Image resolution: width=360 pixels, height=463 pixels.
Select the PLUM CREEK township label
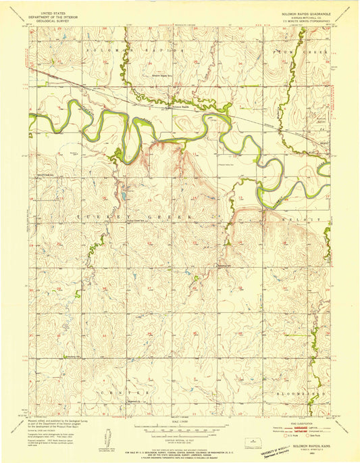tap(298, 51)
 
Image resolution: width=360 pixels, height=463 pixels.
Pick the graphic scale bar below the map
tap(180, 429)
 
